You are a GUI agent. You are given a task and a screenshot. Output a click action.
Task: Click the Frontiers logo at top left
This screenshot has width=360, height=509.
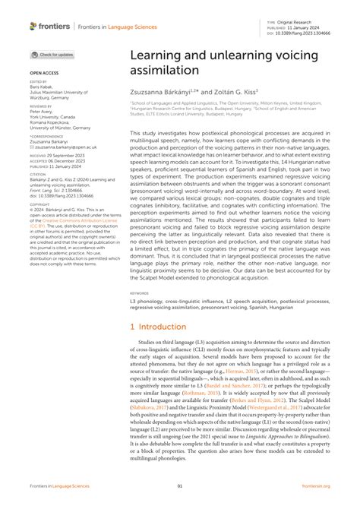tap(50, 26)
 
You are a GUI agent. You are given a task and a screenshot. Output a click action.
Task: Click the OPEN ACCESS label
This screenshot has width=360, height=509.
tap(43, 74)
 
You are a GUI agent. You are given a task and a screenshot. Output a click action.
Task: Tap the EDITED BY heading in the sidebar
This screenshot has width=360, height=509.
tap(38, 81)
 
